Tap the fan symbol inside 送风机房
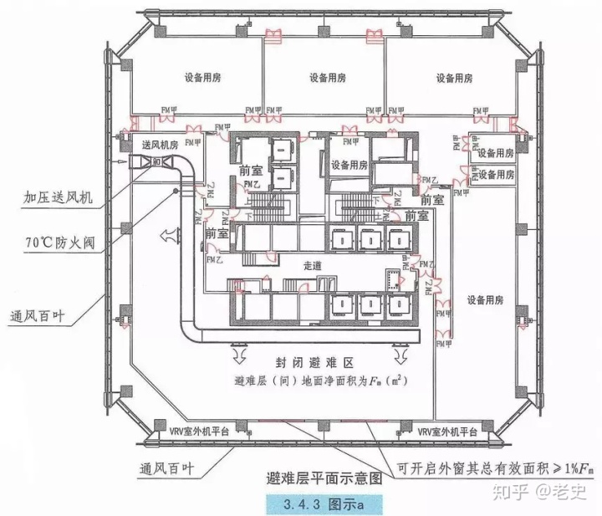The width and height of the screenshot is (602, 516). click(158, 161)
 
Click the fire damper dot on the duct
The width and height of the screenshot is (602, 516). click(175, 191)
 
